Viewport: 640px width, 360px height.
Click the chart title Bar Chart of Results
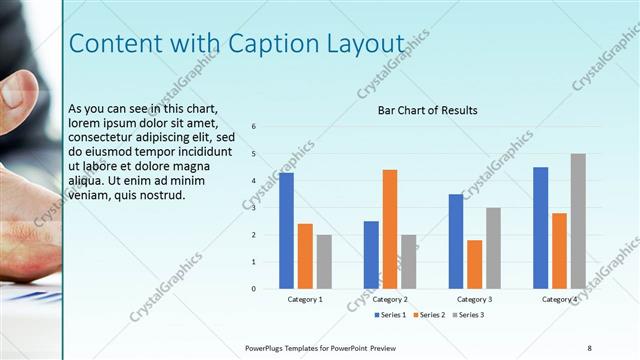point(427,110)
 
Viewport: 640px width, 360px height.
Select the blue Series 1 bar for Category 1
point(286,230)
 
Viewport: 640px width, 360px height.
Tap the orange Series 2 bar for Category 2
point(390,229)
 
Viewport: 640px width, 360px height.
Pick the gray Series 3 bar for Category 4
point(578,221)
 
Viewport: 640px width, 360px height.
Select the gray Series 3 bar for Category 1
point(324,261)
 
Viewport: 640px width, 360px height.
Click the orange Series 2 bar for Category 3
point(474,264)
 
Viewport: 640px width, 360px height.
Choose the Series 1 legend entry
point(390,315)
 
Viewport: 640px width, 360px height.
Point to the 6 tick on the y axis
point(255,127)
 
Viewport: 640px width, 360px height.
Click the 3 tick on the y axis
point(255,208)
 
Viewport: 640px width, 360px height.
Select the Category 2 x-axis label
point(390,299)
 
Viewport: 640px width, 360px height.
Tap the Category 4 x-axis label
point(559,299)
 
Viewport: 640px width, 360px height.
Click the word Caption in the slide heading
point(285,44)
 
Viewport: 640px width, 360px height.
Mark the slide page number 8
point(589,347)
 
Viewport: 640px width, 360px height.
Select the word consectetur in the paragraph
point(104,137)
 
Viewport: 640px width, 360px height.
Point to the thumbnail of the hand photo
point(30,180)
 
